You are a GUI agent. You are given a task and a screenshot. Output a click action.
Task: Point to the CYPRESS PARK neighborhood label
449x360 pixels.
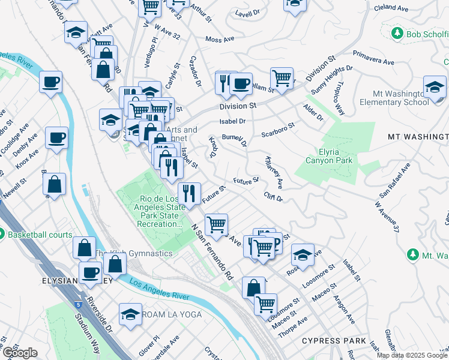[334, 341]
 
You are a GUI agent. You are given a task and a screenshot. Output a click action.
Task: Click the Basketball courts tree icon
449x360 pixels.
[2, 233]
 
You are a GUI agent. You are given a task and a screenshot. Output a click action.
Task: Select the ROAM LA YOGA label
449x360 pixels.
[171, 314]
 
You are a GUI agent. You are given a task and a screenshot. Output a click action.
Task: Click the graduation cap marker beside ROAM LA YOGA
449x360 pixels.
[130, 314]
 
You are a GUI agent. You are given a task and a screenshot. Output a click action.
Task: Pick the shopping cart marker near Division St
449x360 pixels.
[281, 77]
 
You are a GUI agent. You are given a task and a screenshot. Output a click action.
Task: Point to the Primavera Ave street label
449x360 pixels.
[373, 57]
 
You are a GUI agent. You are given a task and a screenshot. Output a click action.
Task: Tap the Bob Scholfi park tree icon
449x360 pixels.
[396, 33]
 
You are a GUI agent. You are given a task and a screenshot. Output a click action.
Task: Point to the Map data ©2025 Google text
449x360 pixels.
[412, 355]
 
